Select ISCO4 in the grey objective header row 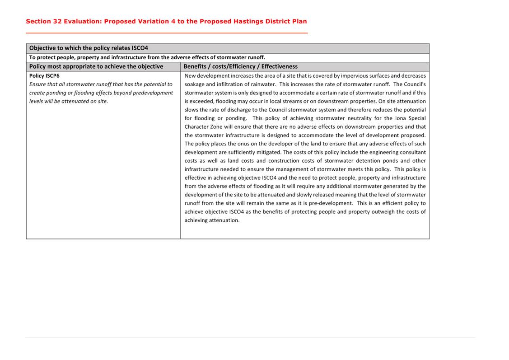coord(140,48)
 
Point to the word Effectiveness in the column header coord(278,66)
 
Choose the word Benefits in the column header coord(196,66)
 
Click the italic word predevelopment coord(151,93)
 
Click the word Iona coord(400,118)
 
